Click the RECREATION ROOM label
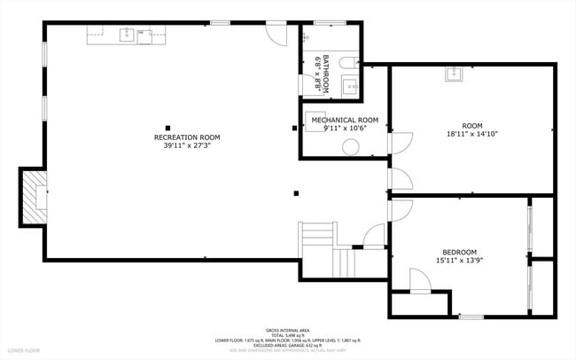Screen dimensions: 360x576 point(186,137)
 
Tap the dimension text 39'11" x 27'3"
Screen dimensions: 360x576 point(186,146)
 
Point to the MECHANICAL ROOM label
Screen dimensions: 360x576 point(345,120)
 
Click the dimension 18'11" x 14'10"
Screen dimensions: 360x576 point(472,135)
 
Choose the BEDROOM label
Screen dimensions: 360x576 point(460,252)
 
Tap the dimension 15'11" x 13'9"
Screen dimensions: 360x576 point(460,261)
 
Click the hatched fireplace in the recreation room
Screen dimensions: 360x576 point(35,196)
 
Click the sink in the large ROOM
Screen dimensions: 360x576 point(455,74)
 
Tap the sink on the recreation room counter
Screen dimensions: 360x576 point(128,35)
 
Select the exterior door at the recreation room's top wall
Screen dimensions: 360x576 point(277,34)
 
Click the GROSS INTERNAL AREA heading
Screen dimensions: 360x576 point(288,328)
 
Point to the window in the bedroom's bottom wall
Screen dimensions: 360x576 point(471,316)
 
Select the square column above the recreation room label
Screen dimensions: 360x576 point(167,126)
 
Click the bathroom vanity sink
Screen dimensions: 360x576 point(350,86)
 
